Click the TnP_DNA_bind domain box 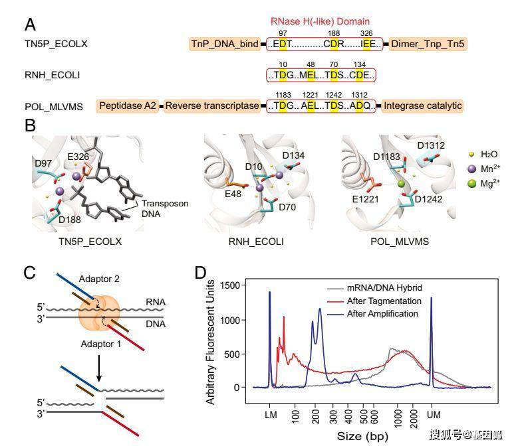click(x=225, y=44)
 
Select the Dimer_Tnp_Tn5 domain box click(x=428, y=44)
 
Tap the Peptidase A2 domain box click(x=128, y=106)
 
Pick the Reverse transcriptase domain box click(x=212, y=106)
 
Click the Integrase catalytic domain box click(x=422, y=106)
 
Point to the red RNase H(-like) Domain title click(x=320, y=21)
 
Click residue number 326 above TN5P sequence click(x=366, y=33)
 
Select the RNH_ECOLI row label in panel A click(x=53, y=75)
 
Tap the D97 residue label click(x=43, y=163)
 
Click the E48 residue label click(x=233, y=194)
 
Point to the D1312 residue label click(x=431, y=145)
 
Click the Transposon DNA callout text click(x=165, y=208)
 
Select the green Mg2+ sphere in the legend click(x=472, y=184)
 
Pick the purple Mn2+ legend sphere click(x=472, y=169)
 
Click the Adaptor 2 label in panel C click(x=99, y=279)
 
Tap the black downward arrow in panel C click(x=99, y=368)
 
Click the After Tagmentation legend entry click(x=374, y=301)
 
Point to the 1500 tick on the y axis click(x=230, y=285)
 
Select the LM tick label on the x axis click(x=271, y=415)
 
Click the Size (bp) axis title click(x=362, y=436)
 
